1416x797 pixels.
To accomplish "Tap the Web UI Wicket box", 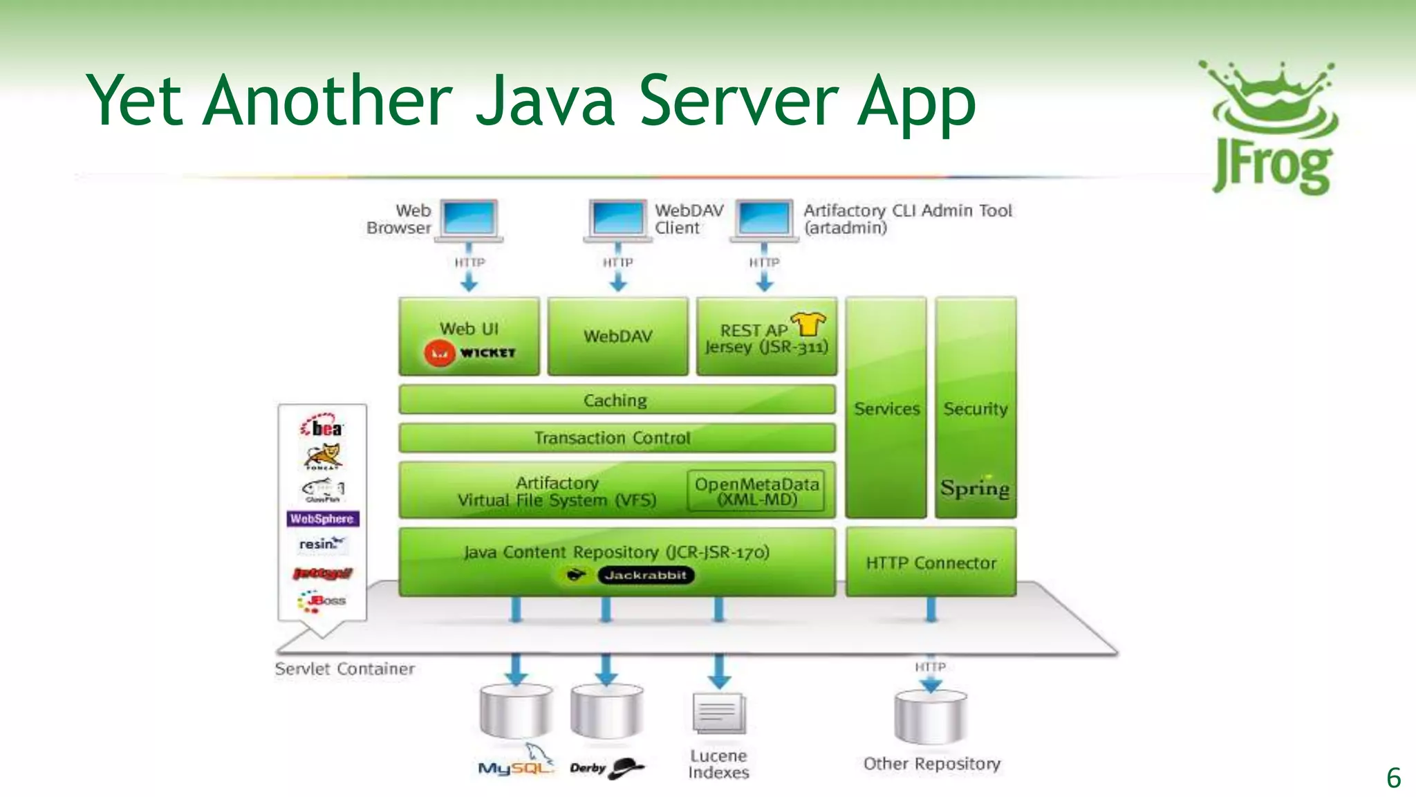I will pyautogui.click(x=469, y=338).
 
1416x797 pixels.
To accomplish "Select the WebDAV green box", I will pyautogui.click(x=617, y=337).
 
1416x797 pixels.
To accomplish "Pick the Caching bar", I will pyautogui.click(x=616, y=400).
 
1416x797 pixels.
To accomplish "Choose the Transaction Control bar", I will pyautogui.click(x=616, y=438).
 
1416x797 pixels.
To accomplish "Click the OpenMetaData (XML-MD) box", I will pyautogui.click(x=756, y=492).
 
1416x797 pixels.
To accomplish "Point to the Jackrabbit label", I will pyautogui.click(x=644, y=575).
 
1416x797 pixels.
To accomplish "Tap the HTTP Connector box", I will pyautogui.click(x=931, y=562).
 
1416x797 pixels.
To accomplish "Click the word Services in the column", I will pyautogui.click(x=886, y=409).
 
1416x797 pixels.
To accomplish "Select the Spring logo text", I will pyautogui.click(x=975, y=488).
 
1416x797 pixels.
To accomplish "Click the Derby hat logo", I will pyautogui.click(x=626, y=767).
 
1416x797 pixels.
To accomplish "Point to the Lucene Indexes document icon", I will pyautogui.click(x=718, y=713).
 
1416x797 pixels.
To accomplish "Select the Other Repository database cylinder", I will pyautogui.click(x=931, y=717).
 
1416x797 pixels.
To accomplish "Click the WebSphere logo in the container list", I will pyautogui.click(x=322, y=518).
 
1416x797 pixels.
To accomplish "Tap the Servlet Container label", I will pyautogui.click(x=344, y=669).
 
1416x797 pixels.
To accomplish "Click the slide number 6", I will pyautogui.click(x=1393, y=778).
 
